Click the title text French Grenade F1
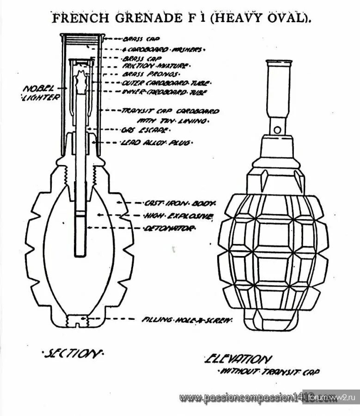point(180,18)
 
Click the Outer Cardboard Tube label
point(165,84)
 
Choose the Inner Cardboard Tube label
point(165,92)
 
